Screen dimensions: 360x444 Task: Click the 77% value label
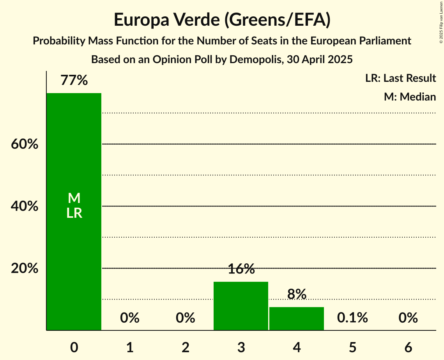click(74, 80)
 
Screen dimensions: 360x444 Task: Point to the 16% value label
click(241, 269)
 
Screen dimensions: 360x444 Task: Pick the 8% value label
click(297, 294)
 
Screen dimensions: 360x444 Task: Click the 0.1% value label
click(352, 318)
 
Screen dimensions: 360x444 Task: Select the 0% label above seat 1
click(130, 318)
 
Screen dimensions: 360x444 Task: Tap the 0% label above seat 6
click(408, 318)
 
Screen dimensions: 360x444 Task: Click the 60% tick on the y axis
click(25, 144)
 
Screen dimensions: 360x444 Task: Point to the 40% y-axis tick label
click(25, 206)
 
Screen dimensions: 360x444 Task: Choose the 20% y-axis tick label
click(25, 268)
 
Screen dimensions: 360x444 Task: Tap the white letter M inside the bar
click(74, 198)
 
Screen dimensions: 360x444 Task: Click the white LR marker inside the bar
click(74, 213)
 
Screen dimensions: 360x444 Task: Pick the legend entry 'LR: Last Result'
click(400, 78)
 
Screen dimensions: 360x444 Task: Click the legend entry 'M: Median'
click(410, 97)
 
